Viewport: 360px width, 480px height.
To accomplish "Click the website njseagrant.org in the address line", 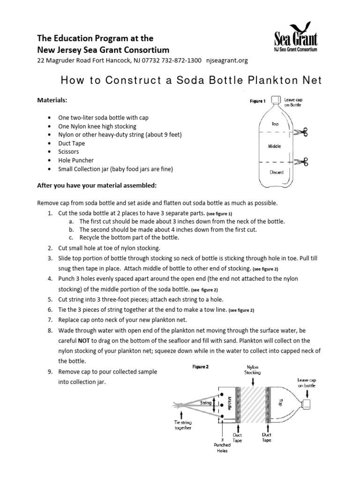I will point(226,60).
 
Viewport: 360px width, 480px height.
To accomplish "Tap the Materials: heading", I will point(53,100).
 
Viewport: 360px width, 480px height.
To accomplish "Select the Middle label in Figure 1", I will point(275,147).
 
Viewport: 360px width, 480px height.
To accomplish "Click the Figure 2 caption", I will point(200,367).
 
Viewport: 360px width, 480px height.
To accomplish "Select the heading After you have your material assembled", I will point(97,186).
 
